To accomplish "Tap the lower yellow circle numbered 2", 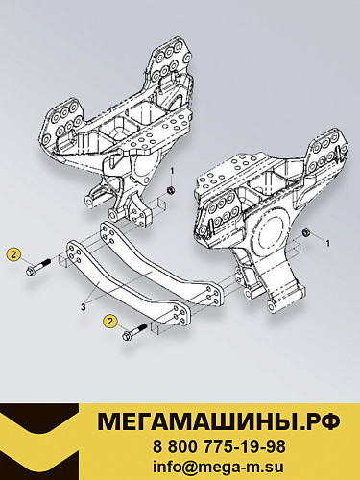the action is pos(112,321).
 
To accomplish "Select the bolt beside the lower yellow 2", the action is pos(133,335).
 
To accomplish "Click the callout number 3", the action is pos(84,308).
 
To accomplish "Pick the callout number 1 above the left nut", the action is pos(172,171).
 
